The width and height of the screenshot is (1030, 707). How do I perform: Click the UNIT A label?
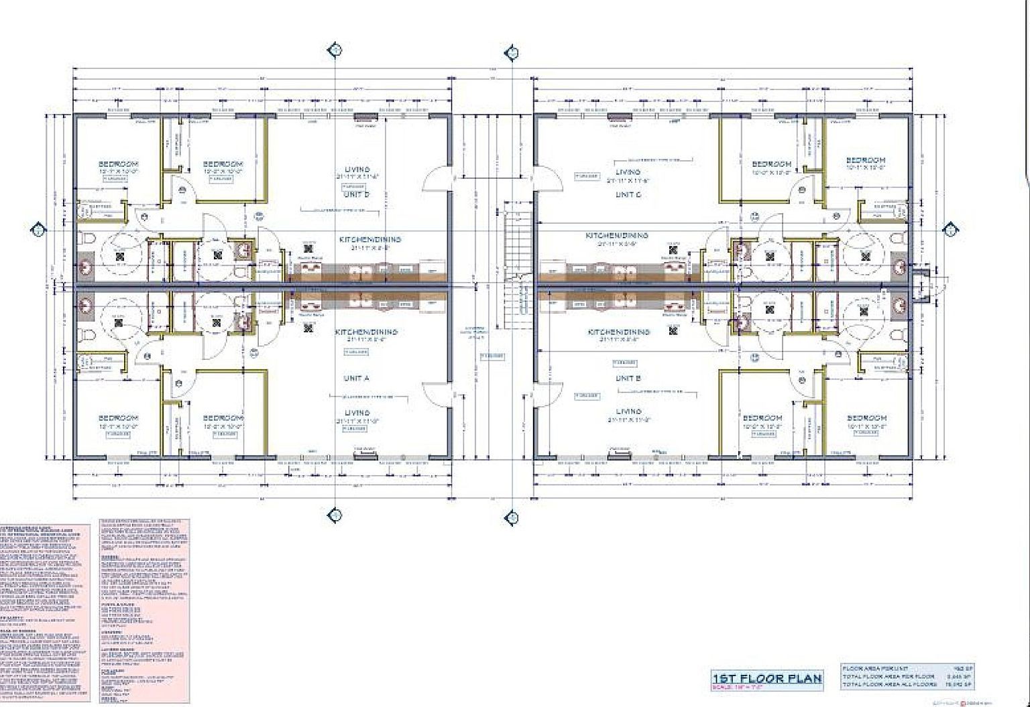(x=357, y=379)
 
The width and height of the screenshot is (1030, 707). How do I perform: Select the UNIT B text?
(x=628, y=379)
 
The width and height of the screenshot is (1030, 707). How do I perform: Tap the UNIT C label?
(x=628, y=194)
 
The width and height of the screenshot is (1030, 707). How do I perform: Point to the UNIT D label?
(x=357, y=194)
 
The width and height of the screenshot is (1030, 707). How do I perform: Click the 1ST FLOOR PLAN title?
(x=766, y=678)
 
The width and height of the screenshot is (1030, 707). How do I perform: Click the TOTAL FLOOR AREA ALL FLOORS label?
(x=889, y=684)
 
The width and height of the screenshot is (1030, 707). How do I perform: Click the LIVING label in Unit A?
(x=357, y=413)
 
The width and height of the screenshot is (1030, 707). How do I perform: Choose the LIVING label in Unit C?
(x=628, y=172)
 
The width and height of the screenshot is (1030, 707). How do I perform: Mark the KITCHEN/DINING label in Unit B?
(x=618, y=332)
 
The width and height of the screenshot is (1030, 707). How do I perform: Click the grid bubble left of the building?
(x=38, y=231)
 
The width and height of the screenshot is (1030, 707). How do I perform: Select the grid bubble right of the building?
(x=950, y=231)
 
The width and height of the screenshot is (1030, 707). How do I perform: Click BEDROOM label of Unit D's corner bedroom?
(x=118, y=164)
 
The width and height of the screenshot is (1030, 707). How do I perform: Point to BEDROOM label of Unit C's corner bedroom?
(x=865, y=160)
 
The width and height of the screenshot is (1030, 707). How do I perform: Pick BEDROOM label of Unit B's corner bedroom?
(x=866, y=417)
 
